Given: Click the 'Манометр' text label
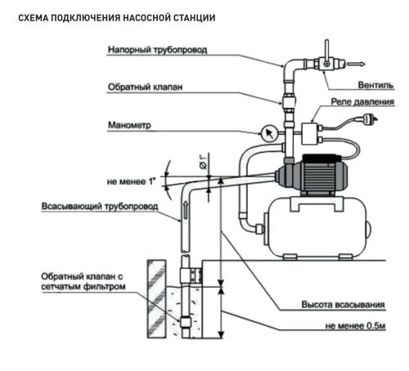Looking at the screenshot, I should pyautogui.click(x=129, y=127).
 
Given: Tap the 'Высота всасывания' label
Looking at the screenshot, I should pyautogui.click(x=343, y=305).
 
